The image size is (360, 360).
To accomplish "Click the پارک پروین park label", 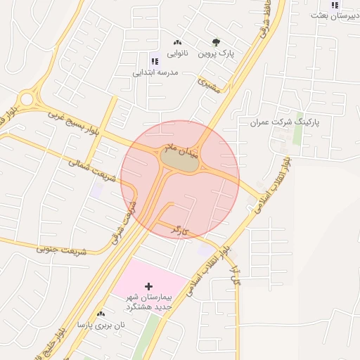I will point(215,53).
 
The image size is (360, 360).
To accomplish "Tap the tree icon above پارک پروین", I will point(215,41).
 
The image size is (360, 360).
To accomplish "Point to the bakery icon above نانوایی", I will point(176,41).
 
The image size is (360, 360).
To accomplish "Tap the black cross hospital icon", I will point(148,286).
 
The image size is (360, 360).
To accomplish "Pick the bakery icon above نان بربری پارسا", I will point(101,314).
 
